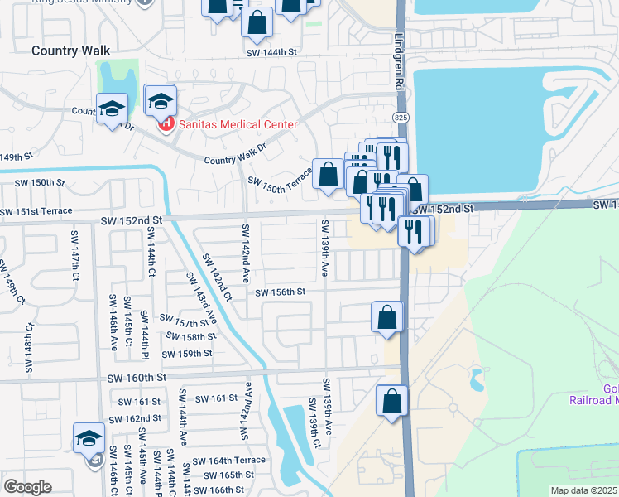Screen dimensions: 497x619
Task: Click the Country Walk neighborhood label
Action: [70, 51]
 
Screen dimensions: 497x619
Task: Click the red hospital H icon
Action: [166, 124]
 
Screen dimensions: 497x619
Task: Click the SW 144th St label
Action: [271, 52]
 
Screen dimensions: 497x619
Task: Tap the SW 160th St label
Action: [137, 377]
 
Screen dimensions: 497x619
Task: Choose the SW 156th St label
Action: [280, 292]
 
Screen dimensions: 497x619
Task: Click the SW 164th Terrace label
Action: [229, 461]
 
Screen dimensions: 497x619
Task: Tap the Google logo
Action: [27, 487]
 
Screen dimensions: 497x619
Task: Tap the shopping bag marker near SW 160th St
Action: [392, 401]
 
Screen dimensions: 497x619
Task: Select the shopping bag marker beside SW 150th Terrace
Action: [329, 174]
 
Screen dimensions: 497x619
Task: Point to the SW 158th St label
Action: [190, 337]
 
